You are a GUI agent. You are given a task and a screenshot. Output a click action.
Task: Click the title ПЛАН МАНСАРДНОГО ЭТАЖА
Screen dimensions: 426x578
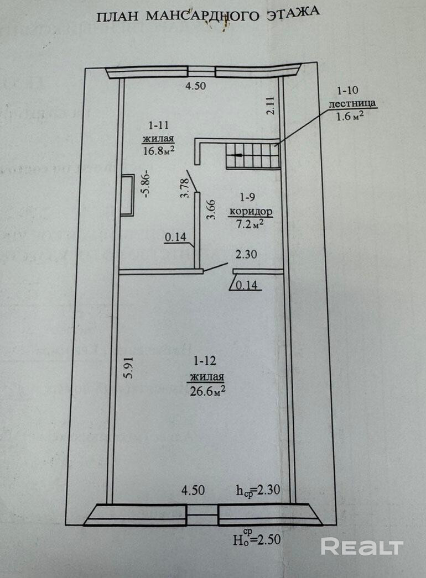click(x=208, y=15)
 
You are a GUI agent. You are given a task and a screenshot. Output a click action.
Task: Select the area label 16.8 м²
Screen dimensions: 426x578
click(x=159, y=150)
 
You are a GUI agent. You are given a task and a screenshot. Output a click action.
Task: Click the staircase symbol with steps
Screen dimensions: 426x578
click(x=252, y=154)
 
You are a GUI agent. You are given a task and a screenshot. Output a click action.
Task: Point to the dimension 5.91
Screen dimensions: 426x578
click(x=128, y=366)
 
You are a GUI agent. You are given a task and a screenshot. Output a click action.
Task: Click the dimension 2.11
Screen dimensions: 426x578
click(x=270, y=105)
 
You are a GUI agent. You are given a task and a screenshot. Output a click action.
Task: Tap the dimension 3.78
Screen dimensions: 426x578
click(x=186, y=186)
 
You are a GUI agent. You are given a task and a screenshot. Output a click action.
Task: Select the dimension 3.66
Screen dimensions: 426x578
click(x=211, y=209)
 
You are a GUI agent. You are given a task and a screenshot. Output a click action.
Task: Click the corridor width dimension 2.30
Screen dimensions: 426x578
click(x=246, y=255)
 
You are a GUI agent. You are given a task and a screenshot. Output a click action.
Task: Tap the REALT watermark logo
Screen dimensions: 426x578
click(x=362, y=547)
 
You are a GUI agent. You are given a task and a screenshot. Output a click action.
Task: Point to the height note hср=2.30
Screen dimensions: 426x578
click(x=259, y=490)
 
